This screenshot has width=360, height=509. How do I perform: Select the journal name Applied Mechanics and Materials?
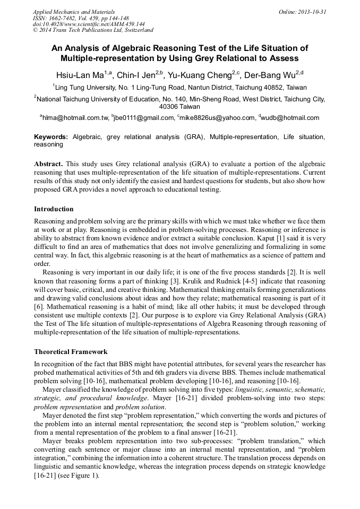pyautogui.click(x=74, y=11)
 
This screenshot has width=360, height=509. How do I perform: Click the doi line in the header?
pyautogui.click(x=89, y=24)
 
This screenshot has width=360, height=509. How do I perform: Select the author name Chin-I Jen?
pyautogui.click(x=140, y=74)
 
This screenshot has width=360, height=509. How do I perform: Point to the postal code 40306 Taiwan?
pyautogui.click(x=179, y=106)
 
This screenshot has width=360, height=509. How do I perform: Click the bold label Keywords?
pyautogui.click(x=51, y=137)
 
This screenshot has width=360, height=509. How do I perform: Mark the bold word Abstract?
pyautogui.click(x=48, y=164)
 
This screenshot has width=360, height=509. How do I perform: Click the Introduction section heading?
pyautogui.click(x=54, y=209)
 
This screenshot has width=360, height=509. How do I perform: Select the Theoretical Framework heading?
pyautogui.click(x=71, y=351)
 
